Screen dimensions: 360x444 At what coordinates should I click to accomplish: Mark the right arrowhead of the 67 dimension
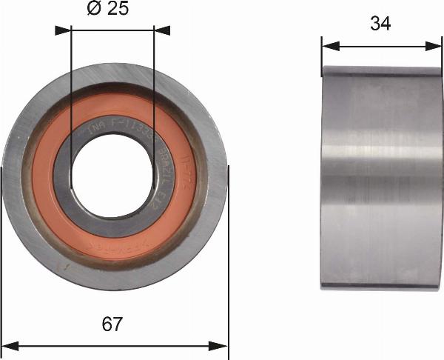click(221, 344)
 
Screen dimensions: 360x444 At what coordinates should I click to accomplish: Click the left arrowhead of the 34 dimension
click(329, 45)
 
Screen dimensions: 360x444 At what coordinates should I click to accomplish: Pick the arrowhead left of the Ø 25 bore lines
click(62, 30)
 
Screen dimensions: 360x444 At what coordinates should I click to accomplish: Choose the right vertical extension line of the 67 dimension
click(229, 259)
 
